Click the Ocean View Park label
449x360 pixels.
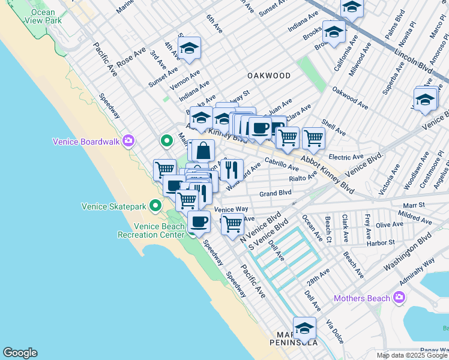click(x=43, y=16)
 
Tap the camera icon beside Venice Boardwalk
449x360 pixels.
click(x=128, y=142)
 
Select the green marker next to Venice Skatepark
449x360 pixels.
click(x=156, y=206)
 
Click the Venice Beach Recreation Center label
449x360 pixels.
click(x=159, y=230)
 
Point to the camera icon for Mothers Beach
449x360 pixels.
click(x=399, y=298)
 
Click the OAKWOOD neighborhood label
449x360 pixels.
click(x=269, y=76)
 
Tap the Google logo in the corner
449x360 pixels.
click(x=20, y=353)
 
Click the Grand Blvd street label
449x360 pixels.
click(x=276, y=193)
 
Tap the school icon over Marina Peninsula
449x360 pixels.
click(x=304, y=328)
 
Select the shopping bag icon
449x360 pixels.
click(x=203, y=151)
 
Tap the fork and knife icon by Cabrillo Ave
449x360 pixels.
click(x=231, y=169)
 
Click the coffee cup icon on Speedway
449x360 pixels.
click(x=199, y=222)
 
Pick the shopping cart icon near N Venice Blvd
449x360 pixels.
click(x=232, y=224)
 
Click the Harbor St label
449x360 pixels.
click(x=383, y=243)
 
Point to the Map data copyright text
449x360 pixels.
click(x=412, y=355)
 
